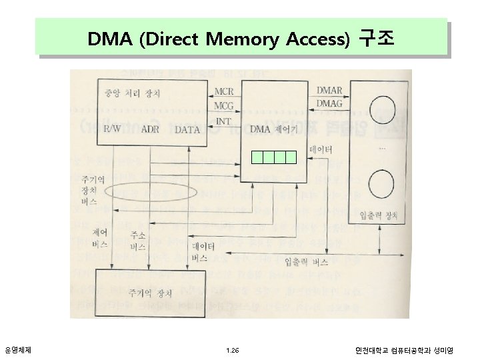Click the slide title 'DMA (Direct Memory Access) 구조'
[x=241, y=39]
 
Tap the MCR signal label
[x=223, y=91]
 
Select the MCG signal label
[x=223, y=105]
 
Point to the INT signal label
[x=224, y=121]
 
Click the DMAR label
[x=329, y=90]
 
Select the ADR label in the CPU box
[x=150, y=129]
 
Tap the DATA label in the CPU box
[x=187, y=129]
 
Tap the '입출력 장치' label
[x=378, y=215]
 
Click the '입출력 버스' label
[x=306, y=261]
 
